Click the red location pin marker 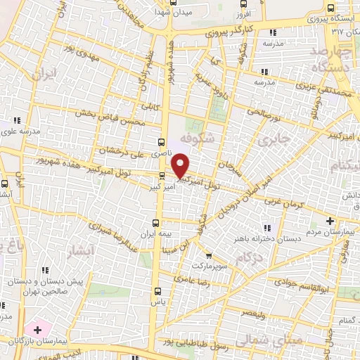(x=181, y=165)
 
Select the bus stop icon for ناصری (x=162, y=141)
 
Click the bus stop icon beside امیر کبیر (x=162, y=176)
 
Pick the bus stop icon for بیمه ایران (x=157, y=221)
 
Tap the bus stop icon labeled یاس (x=156, y=289)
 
